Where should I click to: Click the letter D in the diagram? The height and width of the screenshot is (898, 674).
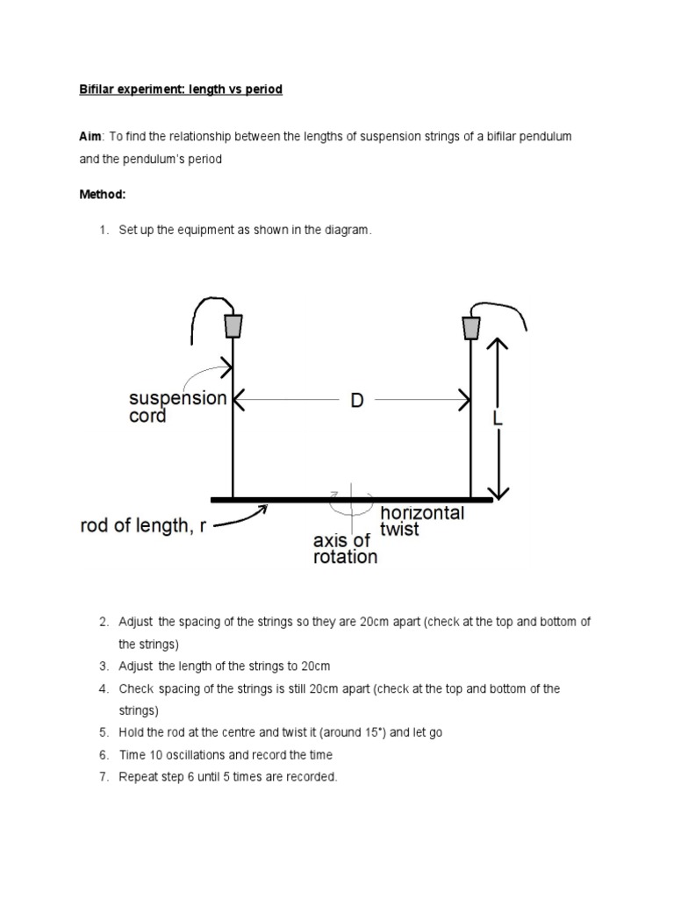(x=357, y=402)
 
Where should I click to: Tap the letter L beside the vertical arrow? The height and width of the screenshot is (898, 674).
(x=498, y=419)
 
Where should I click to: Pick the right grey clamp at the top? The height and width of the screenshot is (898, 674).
(x=471, y=327)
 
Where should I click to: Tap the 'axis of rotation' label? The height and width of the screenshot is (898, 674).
(x=346, y=547)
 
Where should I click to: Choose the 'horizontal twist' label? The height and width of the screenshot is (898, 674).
(x=421, y=520)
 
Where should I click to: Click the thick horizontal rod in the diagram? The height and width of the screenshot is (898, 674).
(x=351, y=500)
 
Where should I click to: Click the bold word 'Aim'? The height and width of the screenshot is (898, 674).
(x=90, y=138)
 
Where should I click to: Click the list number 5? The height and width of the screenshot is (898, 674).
(x=102, y=732)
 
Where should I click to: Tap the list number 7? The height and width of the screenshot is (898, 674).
(x=102, y=776)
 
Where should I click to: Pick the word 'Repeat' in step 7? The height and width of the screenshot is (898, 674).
(x=137, y=776)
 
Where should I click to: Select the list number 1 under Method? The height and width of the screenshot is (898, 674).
(x=102, y=230)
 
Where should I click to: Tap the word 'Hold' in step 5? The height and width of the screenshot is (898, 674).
(x=132, y=732)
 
